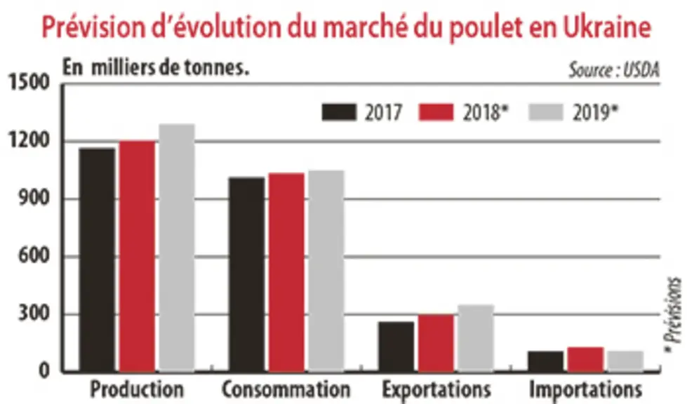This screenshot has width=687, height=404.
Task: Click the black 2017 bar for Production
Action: coord(98,260)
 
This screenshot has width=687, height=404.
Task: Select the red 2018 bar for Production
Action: coord(137,257)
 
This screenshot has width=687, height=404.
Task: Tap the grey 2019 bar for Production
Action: coord(177,248)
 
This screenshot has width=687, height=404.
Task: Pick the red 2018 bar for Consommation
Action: coord(286,273)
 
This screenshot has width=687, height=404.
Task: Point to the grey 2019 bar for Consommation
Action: coord(326,271)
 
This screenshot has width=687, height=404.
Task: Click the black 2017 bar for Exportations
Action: coord(396,347)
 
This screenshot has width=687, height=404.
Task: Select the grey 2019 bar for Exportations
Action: coord(476,339)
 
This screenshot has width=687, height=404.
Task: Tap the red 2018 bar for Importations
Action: coord(586,360)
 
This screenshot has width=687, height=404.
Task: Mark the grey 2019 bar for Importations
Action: coord(626,361)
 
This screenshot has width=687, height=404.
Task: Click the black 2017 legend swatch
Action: coord(339,112)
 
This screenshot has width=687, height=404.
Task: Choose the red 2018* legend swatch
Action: coord(436,112)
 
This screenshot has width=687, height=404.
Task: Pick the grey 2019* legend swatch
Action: coord(546,112)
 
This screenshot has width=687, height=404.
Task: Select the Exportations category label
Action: coord(436,389)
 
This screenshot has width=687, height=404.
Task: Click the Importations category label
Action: coord(586,389)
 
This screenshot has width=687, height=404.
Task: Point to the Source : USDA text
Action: coord(614,70)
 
